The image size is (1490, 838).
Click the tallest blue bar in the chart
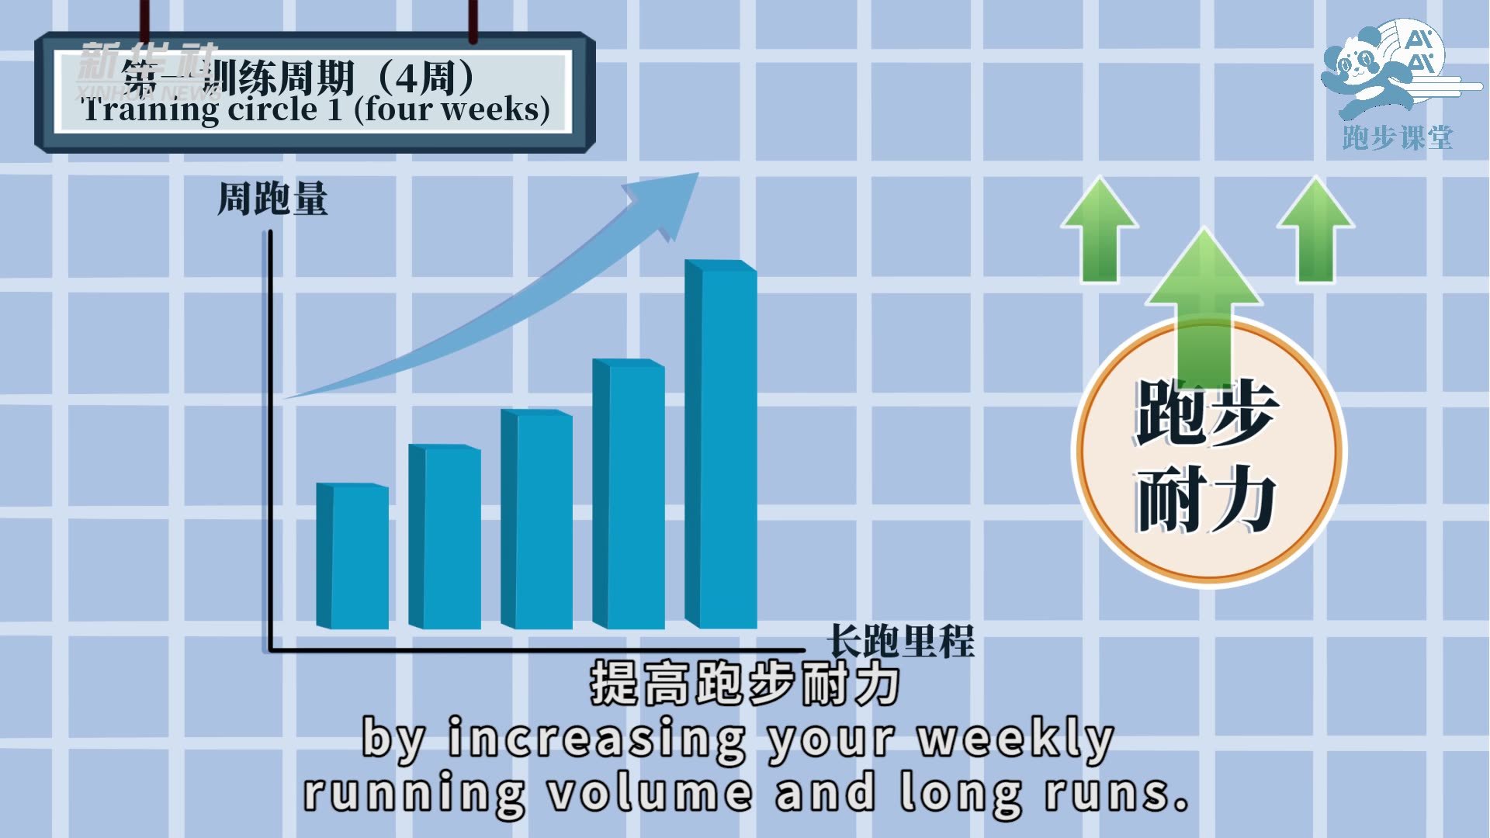(x=722, y=446)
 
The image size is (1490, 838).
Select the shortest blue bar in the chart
(x=353, y=556)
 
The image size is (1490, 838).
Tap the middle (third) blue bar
(x=537, y=520)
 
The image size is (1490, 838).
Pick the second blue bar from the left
(x=445, y=537)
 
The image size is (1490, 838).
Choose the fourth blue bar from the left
(x=629, y=494)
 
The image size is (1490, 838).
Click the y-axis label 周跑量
(x=272, y=199)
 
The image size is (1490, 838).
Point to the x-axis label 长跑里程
(x=900, y=641)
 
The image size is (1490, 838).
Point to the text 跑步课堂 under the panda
(x=1397, y=138)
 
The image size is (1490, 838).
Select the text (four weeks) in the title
(x=452, y=109)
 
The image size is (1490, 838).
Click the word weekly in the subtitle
(x=1017, y=739)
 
